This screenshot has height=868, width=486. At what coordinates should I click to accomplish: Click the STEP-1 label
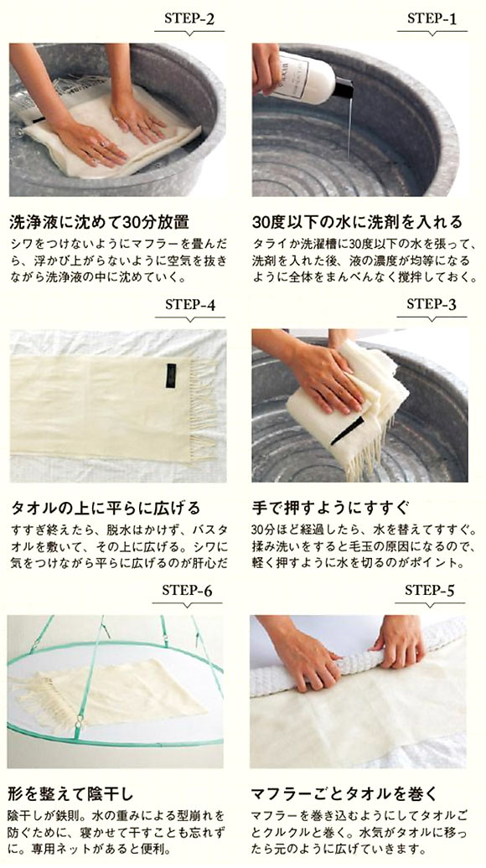coord(432,18)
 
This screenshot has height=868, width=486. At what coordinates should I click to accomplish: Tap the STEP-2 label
coord(189,18)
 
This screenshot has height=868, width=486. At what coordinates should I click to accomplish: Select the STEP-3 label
coord(432,304)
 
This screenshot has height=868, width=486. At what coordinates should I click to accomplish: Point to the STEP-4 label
coord(190,305)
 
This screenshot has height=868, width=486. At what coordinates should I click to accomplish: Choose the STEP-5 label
coord(430,590)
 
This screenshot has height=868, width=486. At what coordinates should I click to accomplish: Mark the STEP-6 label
coord(187,591)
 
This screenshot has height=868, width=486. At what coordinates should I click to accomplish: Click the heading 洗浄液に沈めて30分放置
coord(99,223)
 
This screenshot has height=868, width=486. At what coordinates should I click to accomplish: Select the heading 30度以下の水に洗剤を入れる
coord(357,223)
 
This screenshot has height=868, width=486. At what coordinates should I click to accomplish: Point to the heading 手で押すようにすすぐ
coord(330,508)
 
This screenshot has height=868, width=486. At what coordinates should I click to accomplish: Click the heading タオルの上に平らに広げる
coord(106,508)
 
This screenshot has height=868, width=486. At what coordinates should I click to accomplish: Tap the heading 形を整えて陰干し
coord(71,795)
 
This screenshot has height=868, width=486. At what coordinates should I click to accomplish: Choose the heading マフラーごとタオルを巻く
coord(344,795)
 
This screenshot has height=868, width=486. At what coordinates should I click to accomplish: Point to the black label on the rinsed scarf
coord(348,431)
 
